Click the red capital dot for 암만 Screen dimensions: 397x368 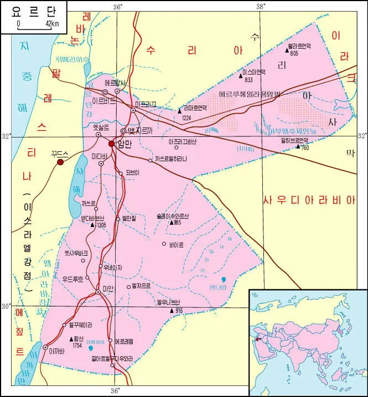pos(111,144)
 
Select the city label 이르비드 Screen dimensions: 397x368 pos(103,102)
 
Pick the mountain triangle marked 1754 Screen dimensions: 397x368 pos(71,338)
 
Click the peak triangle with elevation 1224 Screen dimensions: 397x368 pos(179,110)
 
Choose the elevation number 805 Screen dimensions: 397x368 pos(294,54)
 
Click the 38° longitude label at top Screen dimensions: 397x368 pos(261,6)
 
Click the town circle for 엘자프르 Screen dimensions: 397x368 pos(127,286)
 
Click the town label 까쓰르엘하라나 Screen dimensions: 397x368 pos(171,160)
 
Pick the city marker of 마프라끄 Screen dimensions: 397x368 pos(133,110)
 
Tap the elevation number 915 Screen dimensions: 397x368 pos(178,311)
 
